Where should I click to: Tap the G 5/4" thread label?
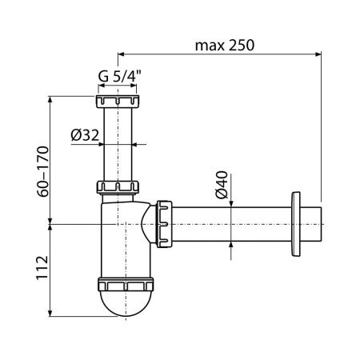click(120, 78)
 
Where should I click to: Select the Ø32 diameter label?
click(84, 136)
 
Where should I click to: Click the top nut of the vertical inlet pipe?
click(118, 102)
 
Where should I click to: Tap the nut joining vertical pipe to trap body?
click(118, 189)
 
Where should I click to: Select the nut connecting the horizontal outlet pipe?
click(165, 224)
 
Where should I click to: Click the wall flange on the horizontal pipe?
click(298, 224)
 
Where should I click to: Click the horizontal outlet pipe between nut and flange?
click(232, 224)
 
